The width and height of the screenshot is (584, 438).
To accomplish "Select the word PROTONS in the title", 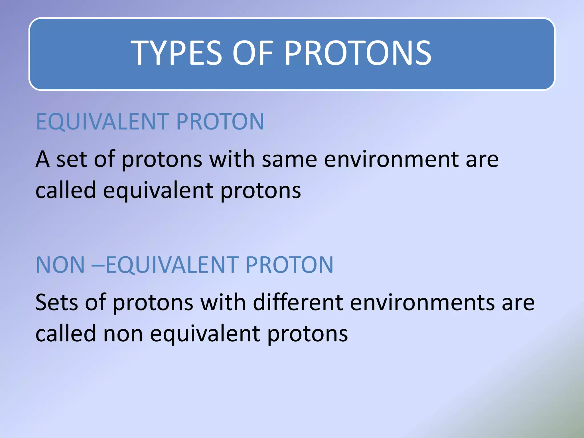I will click(358, 53).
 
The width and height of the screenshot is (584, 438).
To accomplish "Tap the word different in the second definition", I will click(298, 302).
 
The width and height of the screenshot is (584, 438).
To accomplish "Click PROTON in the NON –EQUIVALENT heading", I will click(289, 265).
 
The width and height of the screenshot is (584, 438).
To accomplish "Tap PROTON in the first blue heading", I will click(220, 122).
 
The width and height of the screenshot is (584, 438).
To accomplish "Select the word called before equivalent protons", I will click(66, 190).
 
